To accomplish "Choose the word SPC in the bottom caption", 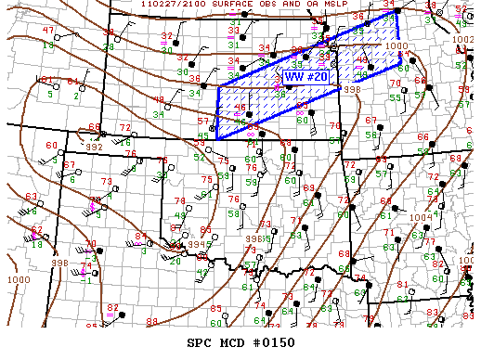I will [x=201, y=343].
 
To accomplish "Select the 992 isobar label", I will [x=94, y=147].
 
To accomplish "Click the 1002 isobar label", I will [x=462, y=40].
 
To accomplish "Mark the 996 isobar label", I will [x=253, y=238].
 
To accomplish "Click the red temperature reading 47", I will [x=48, y=32].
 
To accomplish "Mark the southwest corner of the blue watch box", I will [x=216, y=138].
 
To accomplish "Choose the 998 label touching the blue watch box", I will [x=352, y=90].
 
